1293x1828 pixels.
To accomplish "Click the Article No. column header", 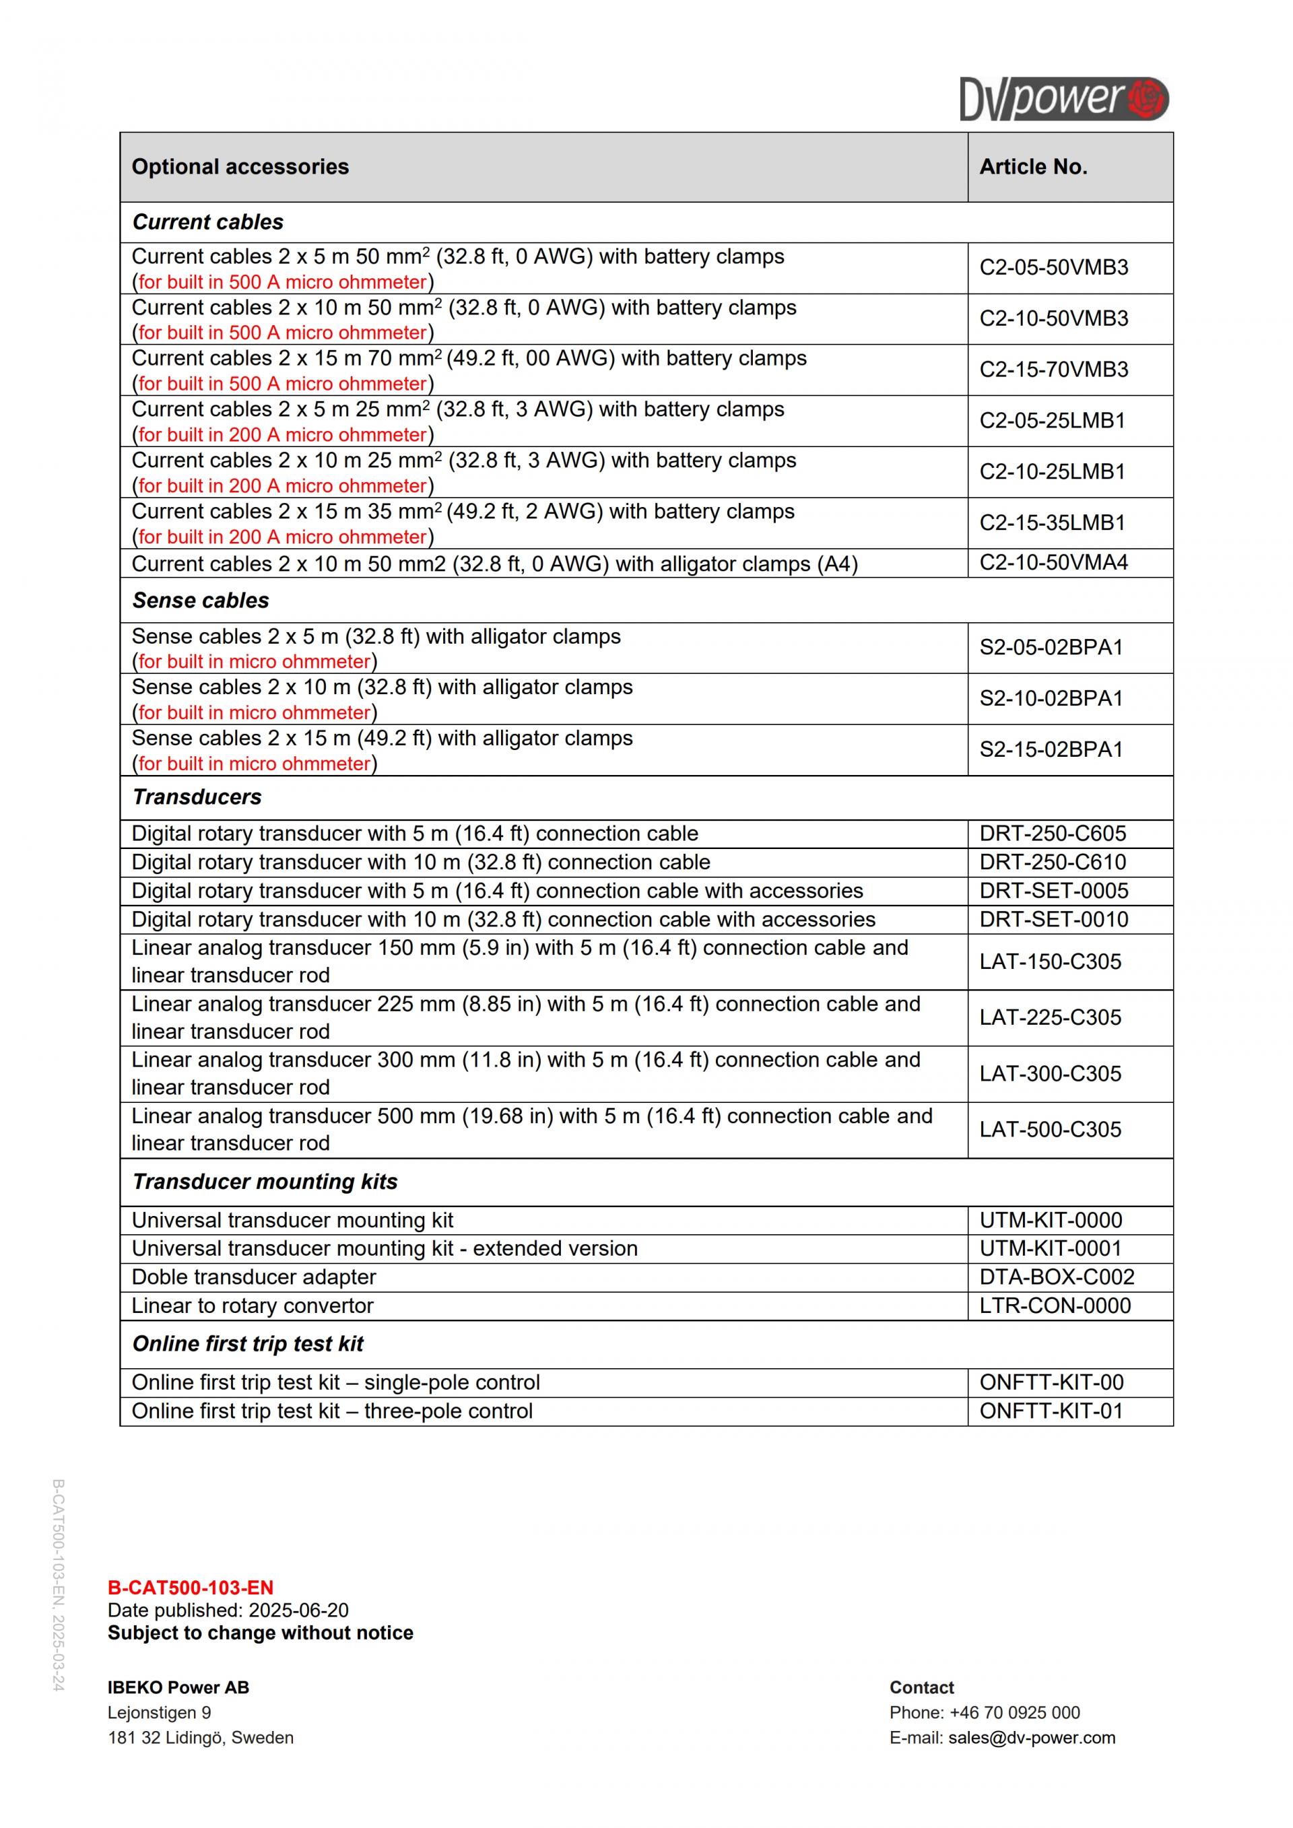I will (x=1032, y=166).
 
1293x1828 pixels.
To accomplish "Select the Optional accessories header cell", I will (x=240, y=166).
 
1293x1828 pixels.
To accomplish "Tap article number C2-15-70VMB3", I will (x=1053, y=370).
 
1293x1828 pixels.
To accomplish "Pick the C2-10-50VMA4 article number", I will (x=1053, y=562).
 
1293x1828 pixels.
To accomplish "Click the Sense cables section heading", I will (x=201, y=601).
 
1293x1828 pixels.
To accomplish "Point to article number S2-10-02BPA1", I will (x=1051, y=698).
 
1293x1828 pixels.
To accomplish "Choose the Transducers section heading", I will (x=197, y=797).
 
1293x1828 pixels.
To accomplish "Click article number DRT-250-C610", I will (x=1053, y=862).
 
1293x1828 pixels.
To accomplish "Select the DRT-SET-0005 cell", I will (x=1053, y=891).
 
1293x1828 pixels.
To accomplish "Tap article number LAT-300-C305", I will (x=1050, y=1074).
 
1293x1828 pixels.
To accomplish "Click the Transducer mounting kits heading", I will (x=265, y=1182).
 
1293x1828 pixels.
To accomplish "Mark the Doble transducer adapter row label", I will (x=253, y=1277).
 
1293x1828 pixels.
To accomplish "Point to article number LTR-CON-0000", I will (x=1055, y=1306).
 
